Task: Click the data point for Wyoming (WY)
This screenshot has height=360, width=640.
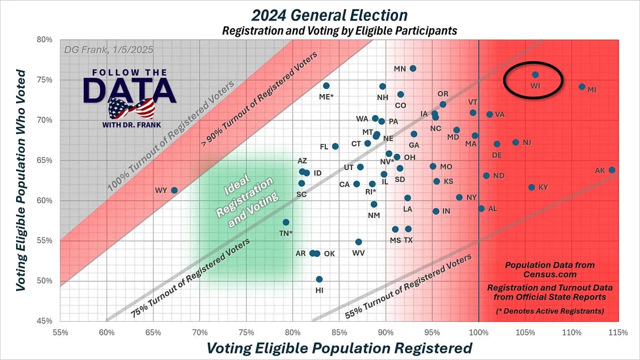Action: coord(174,190)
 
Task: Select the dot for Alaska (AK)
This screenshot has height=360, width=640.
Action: coord(612,170)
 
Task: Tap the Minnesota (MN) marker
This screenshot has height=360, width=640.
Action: coord(413,68)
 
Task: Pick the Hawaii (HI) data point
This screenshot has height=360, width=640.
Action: coord(319,279)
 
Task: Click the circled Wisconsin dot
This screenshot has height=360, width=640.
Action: coord(535,75)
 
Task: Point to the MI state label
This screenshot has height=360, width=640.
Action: coord(592,90)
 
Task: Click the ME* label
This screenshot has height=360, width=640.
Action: coord(327,97)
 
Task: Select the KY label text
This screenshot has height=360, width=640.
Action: coord(543,188)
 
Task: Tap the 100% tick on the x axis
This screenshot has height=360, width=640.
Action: coord(478,332)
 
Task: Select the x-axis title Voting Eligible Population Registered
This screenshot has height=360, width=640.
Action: coord(340,348)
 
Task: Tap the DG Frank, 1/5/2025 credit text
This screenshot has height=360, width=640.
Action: coord(109,50)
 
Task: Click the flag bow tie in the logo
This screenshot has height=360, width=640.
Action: coord(130,108)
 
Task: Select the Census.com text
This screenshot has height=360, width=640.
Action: coord(549,275)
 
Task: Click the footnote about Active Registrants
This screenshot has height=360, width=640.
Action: coord(549,311)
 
